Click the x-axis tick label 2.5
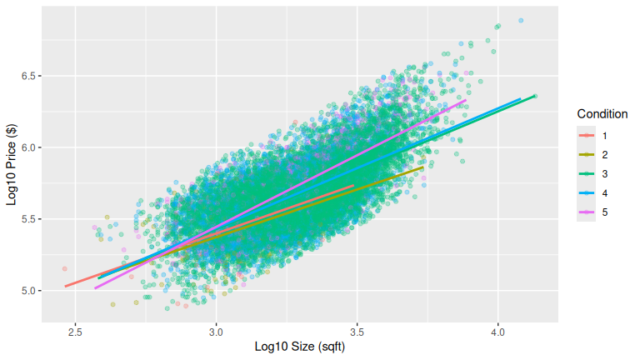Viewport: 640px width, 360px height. point(76,329)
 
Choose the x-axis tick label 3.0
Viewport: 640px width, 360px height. point(217,329)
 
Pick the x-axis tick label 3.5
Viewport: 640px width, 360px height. point(357,329)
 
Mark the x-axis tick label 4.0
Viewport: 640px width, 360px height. point(498,329)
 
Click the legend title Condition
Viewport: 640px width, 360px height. point(602,114)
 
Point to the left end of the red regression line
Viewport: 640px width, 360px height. point(65,287)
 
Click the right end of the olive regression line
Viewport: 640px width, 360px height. point(423,167)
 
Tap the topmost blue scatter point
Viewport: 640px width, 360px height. point(521,20)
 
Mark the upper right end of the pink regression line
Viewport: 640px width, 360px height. point(466,100)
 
